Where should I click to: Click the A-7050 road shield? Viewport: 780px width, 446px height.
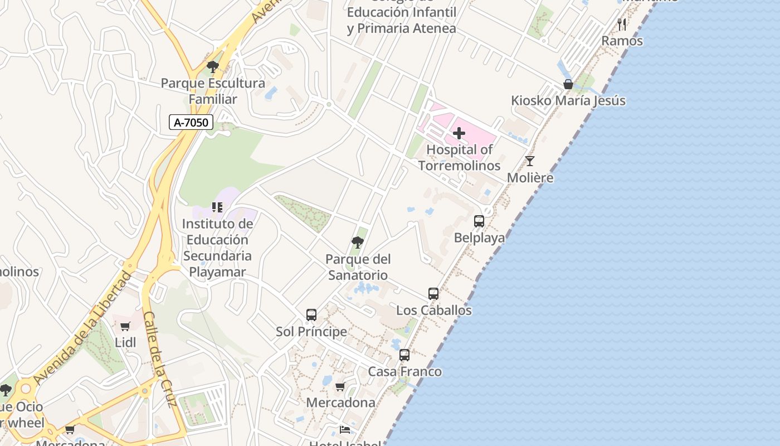[x=191, y=122]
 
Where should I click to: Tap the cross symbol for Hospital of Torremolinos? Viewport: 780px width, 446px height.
[x=459, y=133]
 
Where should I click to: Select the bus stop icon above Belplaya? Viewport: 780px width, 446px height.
[x=479, y=221]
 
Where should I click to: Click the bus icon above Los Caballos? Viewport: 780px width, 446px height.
[x=433, y=294]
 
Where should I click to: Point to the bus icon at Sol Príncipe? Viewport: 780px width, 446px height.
[x=311, y=315]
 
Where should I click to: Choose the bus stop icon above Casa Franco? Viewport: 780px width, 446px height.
[x=404, y=355]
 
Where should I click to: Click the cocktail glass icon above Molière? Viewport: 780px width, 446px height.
[x=530, y=162]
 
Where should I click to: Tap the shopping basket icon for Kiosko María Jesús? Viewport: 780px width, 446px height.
[x=568, y=85]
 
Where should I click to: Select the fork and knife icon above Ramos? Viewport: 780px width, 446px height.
[x=622, y=25]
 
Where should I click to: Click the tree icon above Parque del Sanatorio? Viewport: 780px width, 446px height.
[x=358, y=243]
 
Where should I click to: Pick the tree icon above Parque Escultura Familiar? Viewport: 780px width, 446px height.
[x=212, y=67]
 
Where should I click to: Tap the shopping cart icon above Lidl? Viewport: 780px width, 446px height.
[x=125, y=326]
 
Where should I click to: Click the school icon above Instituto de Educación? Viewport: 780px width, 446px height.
[x=217, y=208]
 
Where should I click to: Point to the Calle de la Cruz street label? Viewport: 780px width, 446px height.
[x=160, y=359]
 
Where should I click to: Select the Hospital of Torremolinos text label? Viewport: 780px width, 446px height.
[x=460, y=158]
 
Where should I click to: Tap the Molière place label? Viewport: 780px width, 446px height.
[x=530, y=178]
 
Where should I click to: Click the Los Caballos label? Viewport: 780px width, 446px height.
[x=433, y=311]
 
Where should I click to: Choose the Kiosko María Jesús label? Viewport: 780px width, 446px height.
[x=568, y=101]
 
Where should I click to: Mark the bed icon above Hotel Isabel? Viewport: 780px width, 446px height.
[x=345, y=430]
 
